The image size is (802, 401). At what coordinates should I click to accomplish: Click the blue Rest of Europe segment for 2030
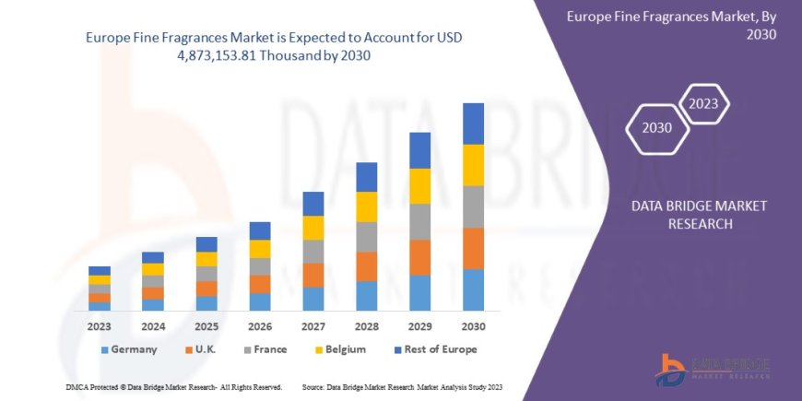coord(473,124)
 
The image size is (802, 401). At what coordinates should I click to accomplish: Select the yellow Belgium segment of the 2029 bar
coord(420,186)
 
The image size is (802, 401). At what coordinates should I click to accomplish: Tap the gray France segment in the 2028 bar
coord(367,237)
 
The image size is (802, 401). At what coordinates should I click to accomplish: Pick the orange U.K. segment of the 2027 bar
coord(313,275)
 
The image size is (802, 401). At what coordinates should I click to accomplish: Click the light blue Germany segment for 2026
coord(260,301)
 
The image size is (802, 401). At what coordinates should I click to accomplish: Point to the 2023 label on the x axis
coord(100,326)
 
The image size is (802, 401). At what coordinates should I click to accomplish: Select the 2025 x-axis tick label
coord(206,326)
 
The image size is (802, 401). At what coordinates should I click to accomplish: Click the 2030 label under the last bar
coord(473,326)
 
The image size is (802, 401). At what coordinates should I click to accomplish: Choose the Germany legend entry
coord(128,349)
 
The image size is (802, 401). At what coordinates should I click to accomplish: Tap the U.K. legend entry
coord(205,349)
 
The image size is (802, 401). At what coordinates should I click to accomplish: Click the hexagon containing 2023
coord(703,103)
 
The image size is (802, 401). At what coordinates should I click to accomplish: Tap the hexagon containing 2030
coord(656,128)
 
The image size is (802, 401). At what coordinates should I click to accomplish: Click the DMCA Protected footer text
coord(174,386)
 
